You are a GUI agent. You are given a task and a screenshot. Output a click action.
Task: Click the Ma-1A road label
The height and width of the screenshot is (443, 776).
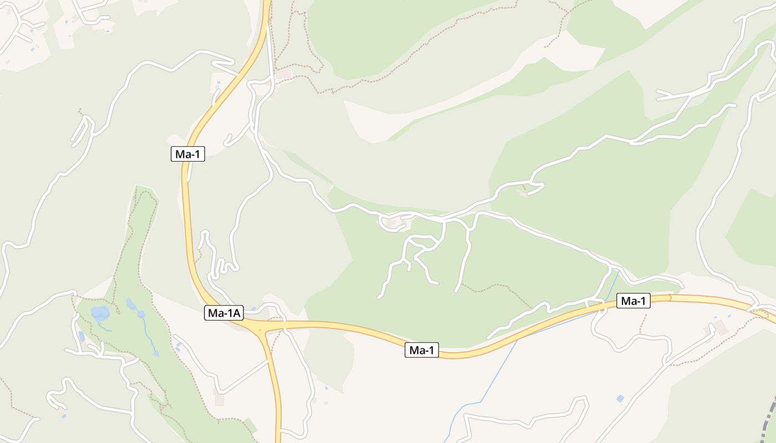click(224, 313)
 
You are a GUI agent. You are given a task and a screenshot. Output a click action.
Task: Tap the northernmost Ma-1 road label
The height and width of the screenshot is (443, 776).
click(187, 154)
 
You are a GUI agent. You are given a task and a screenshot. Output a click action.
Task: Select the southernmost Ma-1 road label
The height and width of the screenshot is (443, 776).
click(421, 350)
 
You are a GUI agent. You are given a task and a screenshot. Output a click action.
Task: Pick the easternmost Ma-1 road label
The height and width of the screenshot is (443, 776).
click(633, 301)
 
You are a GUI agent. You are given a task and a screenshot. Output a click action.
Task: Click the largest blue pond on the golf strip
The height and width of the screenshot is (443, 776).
click(100, 313)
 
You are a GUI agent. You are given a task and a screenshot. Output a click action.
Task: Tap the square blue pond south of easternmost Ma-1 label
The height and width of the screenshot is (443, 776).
click(620, 398)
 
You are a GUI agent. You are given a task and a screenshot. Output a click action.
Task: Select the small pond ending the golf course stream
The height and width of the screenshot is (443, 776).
click(156, 353)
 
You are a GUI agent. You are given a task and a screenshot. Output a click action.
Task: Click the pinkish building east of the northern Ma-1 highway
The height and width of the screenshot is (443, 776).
click(283, 74)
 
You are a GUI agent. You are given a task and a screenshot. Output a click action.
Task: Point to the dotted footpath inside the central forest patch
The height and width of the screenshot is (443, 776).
click(493, 288)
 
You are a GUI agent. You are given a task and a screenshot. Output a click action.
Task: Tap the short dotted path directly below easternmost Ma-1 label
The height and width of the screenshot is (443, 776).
click(643, 324)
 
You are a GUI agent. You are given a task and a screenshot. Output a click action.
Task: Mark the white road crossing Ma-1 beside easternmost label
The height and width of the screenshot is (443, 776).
click(601, 305)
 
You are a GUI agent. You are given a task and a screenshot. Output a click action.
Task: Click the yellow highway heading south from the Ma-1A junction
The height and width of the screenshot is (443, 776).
click(275, 388)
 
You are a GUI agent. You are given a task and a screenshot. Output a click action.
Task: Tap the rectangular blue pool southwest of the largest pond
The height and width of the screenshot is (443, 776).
click(82, 336)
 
